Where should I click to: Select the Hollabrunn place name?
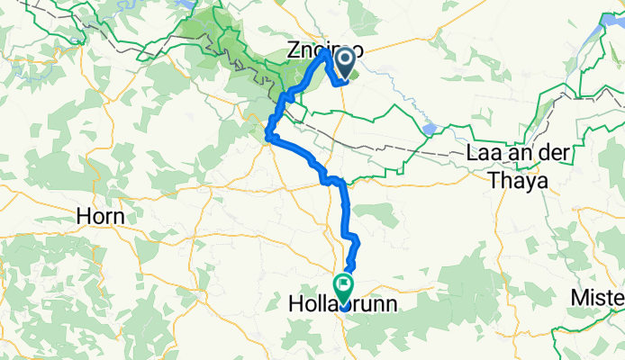tap(344, 306)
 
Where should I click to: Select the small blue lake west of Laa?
tap(429, 129)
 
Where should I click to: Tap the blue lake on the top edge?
tap(187, 4)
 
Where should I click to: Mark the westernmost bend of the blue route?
tap(267, 137)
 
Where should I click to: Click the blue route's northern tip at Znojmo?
tap(326, 51)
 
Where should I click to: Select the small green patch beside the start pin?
tap(355, 76)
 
